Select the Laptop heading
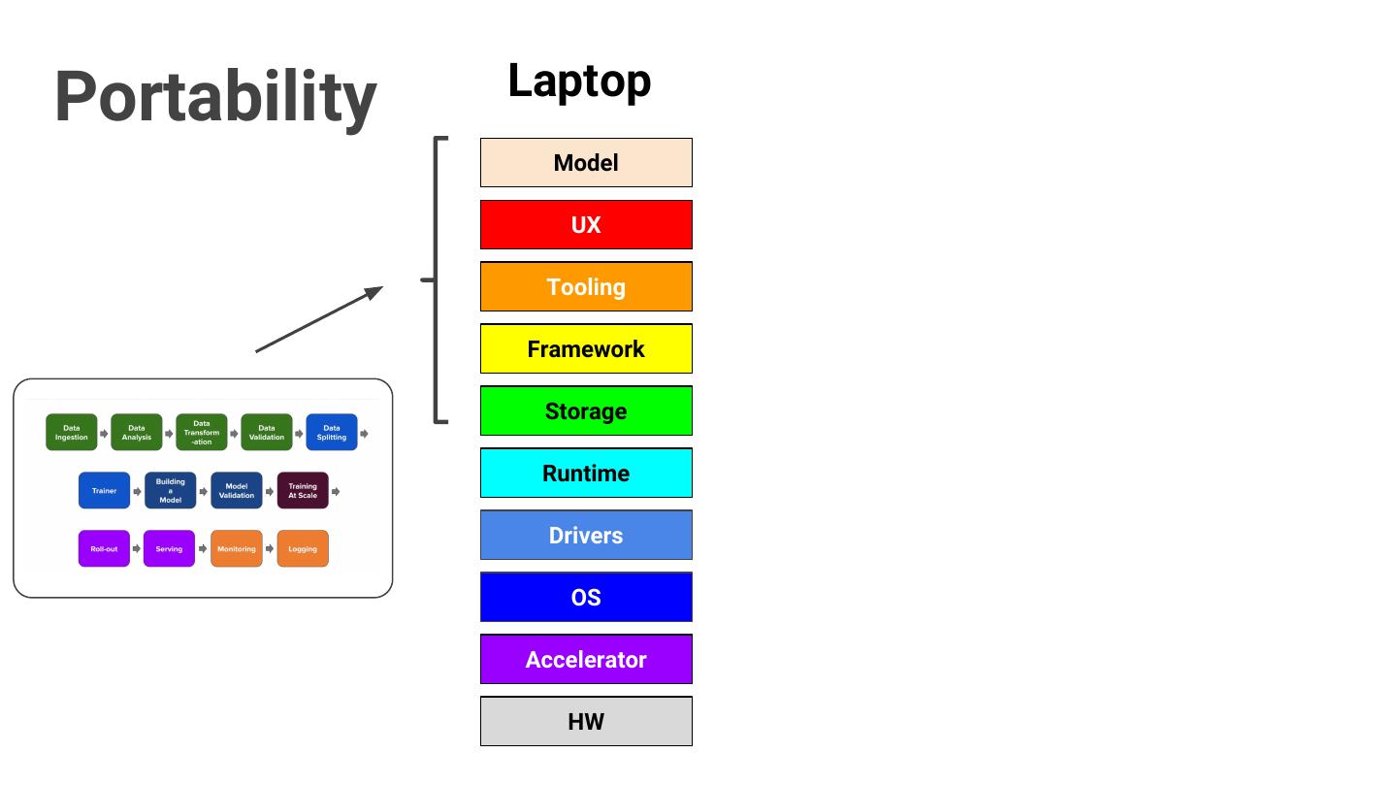point(579,81)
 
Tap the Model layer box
point(586,163)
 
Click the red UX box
point(586,225)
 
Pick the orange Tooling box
point(586,287)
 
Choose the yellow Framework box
point(586,349)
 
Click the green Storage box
point(586,411)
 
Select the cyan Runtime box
point(586,474)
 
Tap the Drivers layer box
point(586,536)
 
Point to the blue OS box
point(586,598)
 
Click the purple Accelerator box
point(586,660)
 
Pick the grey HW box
point(586,722)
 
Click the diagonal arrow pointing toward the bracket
point(319,319)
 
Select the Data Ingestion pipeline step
point(72,433)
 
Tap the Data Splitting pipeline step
point(332,433)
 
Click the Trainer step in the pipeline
point(104,491)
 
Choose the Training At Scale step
point(303,491)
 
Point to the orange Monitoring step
point(237,549)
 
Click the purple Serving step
point(169,549)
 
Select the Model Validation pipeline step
point(237,491)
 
